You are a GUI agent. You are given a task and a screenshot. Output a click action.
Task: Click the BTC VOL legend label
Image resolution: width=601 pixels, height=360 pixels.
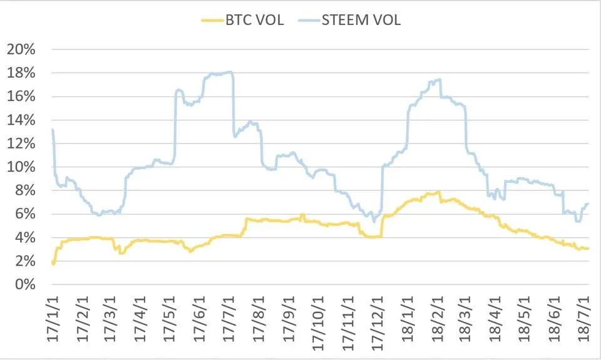256,19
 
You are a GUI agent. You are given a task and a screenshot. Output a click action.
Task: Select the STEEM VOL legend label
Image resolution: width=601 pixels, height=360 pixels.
361,19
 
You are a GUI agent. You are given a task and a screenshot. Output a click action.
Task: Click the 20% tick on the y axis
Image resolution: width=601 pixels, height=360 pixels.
21,49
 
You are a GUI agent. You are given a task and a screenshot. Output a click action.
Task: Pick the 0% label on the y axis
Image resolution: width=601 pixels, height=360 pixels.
24,284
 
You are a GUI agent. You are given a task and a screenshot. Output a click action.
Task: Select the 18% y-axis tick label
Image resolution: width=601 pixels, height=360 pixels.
21,73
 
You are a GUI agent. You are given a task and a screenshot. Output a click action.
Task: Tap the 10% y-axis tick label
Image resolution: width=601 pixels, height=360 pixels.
21,167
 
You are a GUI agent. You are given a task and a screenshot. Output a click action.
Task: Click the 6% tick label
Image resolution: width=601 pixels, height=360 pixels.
24,214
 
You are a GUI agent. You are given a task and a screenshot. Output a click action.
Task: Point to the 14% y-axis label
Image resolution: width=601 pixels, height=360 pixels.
21,120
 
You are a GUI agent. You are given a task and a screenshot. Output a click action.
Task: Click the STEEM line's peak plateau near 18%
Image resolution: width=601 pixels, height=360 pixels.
222,73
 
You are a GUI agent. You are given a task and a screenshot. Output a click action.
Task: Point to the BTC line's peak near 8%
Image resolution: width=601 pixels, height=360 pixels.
438,192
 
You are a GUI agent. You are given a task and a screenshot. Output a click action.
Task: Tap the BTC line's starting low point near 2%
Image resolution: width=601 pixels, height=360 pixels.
53,264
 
